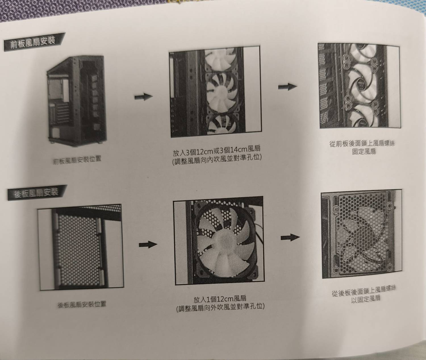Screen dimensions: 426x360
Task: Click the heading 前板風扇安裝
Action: pyautogui.click(x=33, y=42)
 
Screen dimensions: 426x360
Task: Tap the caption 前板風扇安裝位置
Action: pyautogui.click(x=77, y=160)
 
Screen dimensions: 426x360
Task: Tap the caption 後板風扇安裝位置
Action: pyautogui.click(x=82, y=304)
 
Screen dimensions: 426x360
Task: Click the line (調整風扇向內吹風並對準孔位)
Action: pyautogui.click(x=217, y=160)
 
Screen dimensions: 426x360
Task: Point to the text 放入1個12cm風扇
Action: pyautogui.click(x=220, y=298)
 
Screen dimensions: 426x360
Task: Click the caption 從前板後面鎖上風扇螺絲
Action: pyautogui.click(x=362, y=143)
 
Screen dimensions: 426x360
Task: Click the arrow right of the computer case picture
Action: pyautogui.click(x=143, y=97)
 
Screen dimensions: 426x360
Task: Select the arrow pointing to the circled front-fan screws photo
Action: pyautogui.click(x=287, y=87)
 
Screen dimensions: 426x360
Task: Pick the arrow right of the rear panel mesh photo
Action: pyautogui.click(x=148, y=245)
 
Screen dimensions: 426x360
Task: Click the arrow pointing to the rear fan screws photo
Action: pyautogui.click(x=290, y=237)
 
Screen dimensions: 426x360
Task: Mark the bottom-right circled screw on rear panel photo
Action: pyautogui.click(x=389, y=267)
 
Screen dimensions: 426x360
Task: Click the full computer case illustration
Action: pyautogui.click(x=77, y=101)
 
